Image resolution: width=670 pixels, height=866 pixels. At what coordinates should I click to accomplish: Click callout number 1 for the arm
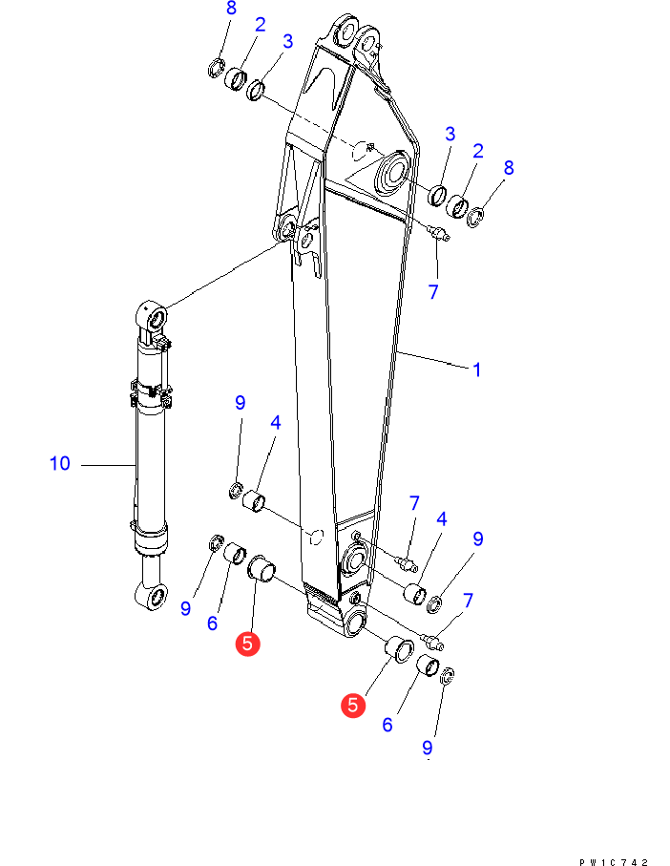tap(476, 369)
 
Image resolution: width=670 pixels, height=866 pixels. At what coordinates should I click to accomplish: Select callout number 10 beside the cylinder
tap(60, 464)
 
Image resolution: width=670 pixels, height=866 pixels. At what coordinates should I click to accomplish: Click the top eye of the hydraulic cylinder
tap(154, 314)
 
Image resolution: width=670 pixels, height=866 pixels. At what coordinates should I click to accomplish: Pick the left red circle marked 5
tap(247, 644)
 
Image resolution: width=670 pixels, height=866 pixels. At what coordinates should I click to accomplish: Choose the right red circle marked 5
tap(353, 705)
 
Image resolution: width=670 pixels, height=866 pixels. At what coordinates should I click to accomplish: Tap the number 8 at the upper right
tap(509, 168)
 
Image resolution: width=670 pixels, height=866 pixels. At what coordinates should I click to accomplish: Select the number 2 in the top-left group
tap(259, 28)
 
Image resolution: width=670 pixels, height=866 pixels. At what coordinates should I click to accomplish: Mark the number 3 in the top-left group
tap(287, 42)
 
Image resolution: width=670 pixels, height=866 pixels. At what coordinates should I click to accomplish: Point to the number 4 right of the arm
tap(441, 519)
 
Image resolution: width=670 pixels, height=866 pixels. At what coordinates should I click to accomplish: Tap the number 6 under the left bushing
tap(212, 623)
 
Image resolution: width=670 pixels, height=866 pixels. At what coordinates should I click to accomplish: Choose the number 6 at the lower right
tap(387, 725)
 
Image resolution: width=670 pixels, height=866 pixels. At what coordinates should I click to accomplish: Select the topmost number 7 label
tap(433, 292)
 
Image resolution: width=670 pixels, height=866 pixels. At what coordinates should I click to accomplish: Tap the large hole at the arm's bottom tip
tap(352, 622)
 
